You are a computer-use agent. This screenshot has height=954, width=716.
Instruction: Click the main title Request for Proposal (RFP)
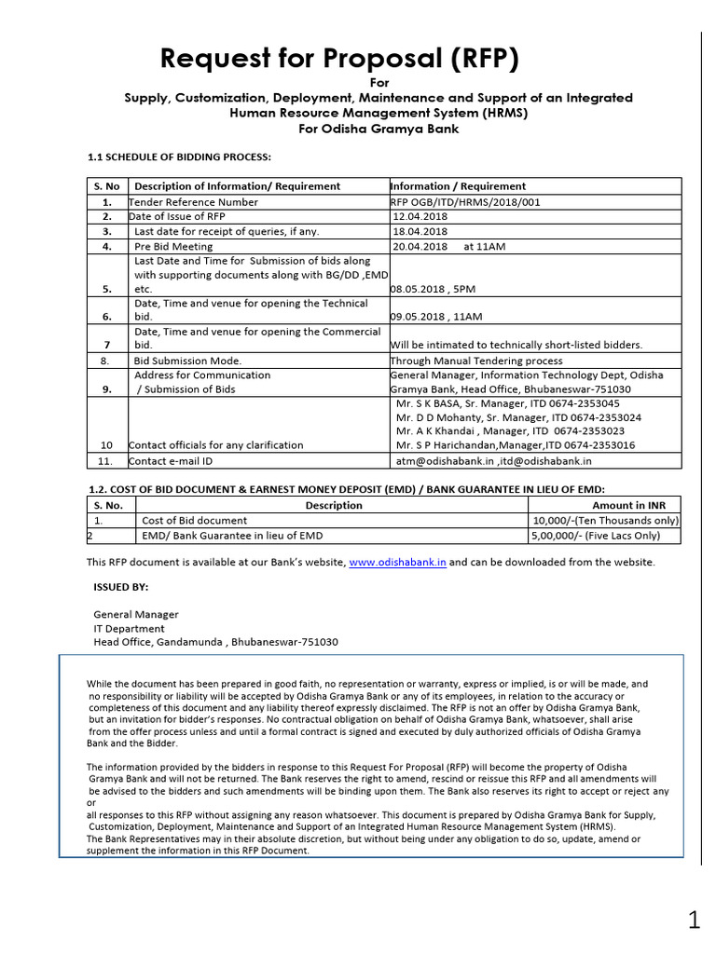click(x=338, y=59)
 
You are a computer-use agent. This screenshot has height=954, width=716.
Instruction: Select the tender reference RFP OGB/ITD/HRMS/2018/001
click(x=464, y=201)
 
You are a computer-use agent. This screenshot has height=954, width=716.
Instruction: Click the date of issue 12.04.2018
click(x=420, y=216)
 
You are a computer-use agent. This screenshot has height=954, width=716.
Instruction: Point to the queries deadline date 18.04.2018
click(x=420, y=231)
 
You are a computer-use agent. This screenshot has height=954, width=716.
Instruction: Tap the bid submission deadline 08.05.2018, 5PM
click(x=432, y=290)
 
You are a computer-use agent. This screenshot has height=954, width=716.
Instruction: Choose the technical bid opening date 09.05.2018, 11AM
click(x=434, y=317)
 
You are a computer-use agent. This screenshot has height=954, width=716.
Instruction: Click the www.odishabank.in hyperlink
click(x=397, y=562)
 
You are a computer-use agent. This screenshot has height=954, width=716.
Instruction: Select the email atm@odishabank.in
click(x=442, y=460)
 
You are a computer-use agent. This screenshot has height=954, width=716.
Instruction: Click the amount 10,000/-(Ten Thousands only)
click(x=604, y=520)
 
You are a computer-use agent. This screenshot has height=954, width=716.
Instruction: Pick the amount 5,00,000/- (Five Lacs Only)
click(x=595, y=536)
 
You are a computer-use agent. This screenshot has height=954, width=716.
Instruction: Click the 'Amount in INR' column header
click(x=636, y=505)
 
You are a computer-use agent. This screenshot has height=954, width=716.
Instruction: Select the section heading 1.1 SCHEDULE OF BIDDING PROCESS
click(x=179, y=157)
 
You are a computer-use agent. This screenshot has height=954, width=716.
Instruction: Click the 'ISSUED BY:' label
click(x=120, y=588)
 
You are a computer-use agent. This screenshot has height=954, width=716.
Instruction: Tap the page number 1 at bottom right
click(x=694, y=921)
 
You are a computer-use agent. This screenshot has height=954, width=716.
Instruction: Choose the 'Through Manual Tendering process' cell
click(x=475, y=361)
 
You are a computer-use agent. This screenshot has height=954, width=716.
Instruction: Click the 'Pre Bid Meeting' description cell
click(x=173, y=246)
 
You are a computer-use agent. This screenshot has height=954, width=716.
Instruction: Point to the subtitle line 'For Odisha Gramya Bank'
click(x=379, y=129)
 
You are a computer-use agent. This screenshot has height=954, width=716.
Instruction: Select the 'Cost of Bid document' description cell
click(x=194, y=520)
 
